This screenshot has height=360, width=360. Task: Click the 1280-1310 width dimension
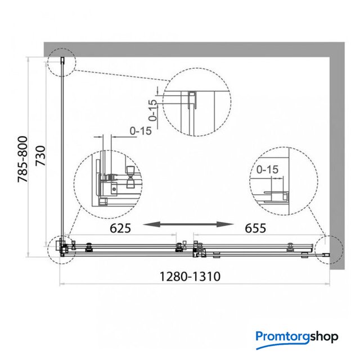[190, 276]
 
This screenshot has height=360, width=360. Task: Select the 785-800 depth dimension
[22, 159]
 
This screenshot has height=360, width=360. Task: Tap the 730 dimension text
[41, 156]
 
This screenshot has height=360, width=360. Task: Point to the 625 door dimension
[120, 228]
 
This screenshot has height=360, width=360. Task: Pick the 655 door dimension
[255, 228]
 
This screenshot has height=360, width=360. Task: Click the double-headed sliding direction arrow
[188, 224]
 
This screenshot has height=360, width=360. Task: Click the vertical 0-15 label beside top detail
[152, 110]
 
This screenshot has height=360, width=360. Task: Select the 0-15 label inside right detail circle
[267, 169]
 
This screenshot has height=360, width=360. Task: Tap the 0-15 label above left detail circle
[141, 131]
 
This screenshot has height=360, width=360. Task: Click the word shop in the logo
[324, 337]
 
